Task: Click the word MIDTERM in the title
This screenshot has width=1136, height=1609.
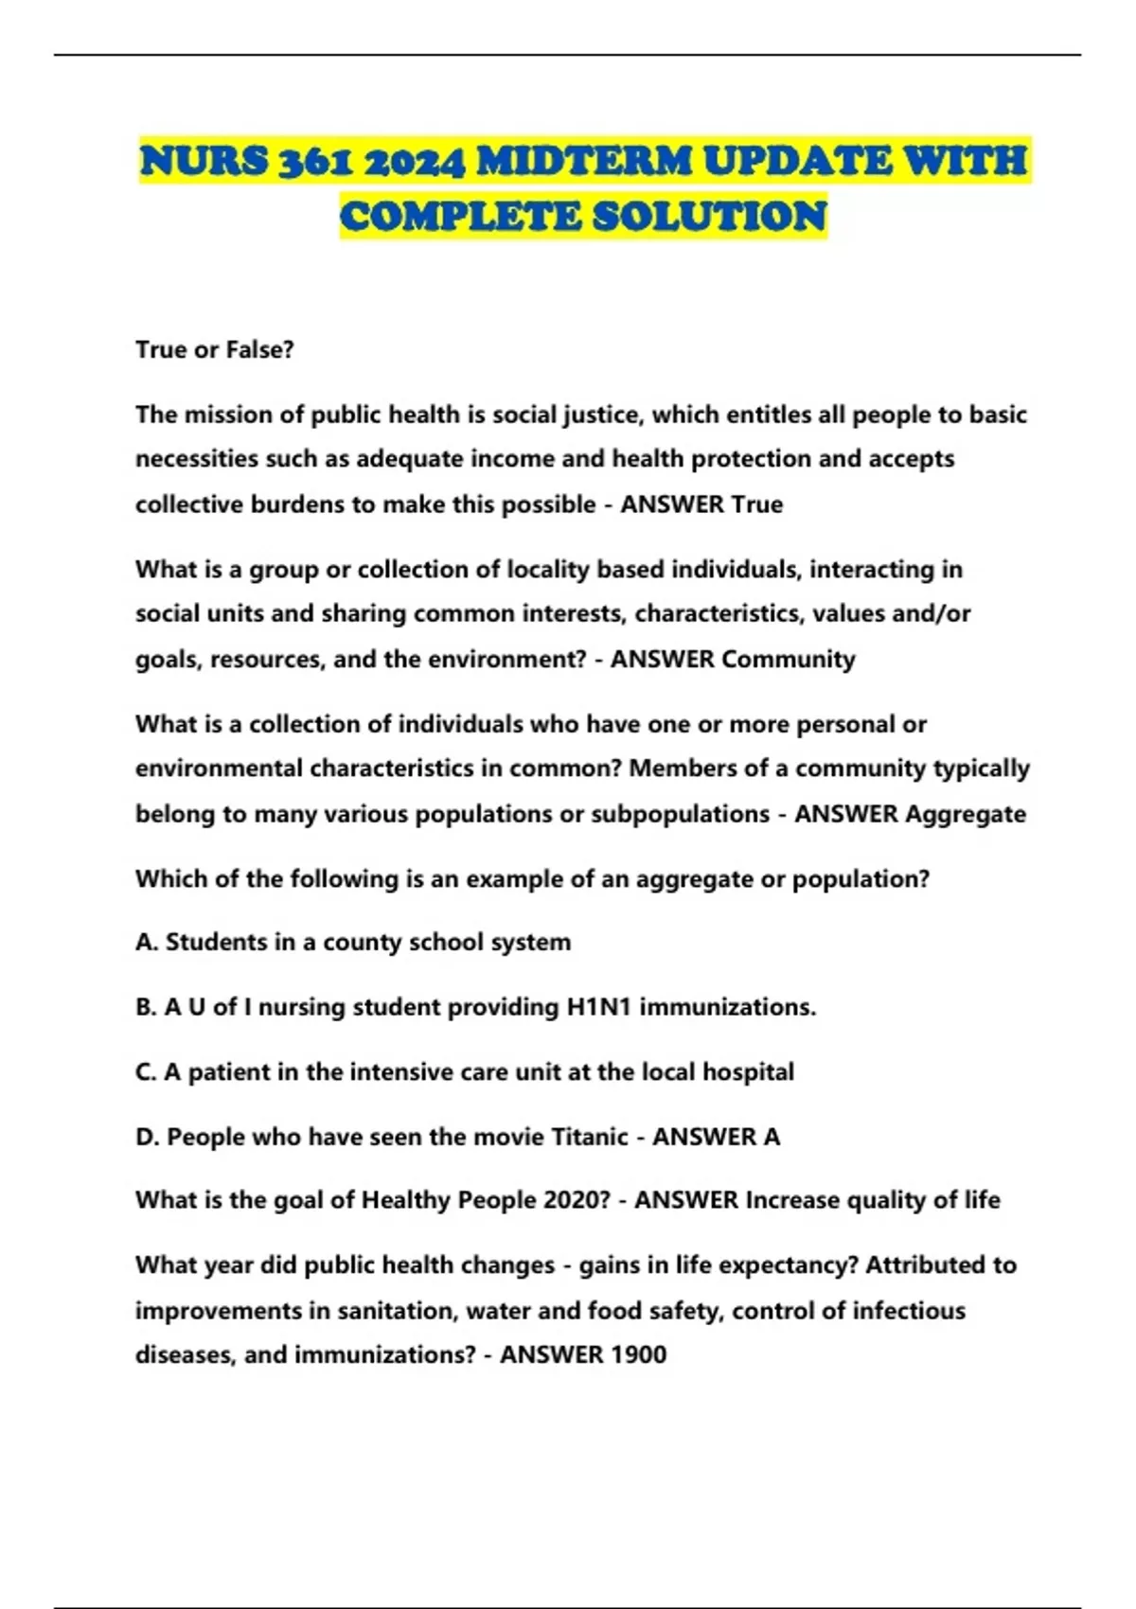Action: pyautogui.click(x=584, y=161)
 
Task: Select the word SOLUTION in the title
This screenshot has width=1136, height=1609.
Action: pyautogui.click(x=710, y=217)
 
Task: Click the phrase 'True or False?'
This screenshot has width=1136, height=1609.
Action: pyautogui.click(x=215, y=349)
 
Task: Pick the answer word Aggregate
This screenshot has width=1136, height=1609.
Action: pyautogui.click(x=966, y=814)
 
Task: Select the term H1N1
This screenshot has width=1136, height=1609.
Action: pyautogui.click(x=598, y=1007)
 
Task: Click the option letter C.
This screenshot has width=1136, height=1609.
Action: pyautogui.click(x=145, y=1071)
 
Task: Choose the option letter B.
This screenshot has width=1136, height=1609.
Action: pyautogui.click(x=145, y=1007)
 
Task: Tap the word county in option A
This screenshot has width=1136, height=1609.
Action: pyautogui.click(x=364, y=943)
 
